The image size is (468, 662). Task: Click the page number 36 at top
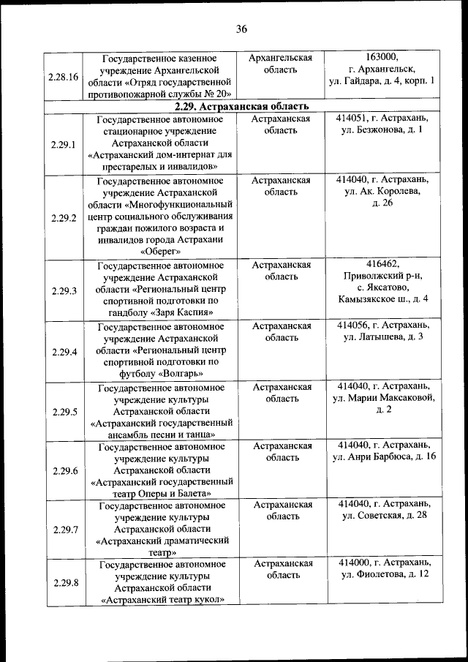coord(242,29)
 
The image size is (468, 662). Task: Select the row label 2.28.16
coord(64,76)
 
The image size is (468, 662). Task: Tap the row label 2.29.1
coord(64,144)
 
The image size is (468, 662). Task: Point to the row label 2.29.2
coord(64,218)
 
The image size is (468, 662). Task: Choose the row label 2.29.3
coord(64,290)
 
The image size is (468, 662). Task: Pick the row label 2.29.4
coord(64,351)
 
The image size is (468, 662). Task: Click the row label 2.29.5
coord(64,412)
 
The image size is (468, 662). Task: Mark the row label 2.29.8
coord(64,582)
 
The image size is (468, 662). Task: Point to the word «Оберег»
coord(165,252)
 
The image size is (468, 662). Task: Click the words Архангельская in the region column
coord(282,57)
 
